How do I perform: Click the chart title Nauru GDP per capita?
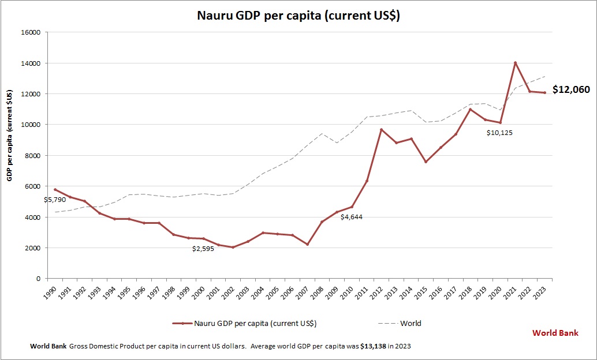[x=298, y=16]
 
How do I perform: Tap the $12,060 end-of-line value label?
[x=571, y=89]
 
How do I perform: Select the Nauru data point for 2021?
[x=515, y=63]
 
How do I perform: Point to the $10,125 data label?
[x=499, y=133]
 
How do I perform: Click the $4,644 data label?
[x=351, y=217]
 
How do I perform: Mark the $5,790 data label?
[x=55, y=200]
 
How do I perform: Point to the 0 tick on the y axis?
[x=38, y=279]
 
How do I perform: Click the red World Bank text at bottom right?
[x=555, y=333]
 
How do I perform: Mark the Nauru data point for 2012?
[x=382, y=130]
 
